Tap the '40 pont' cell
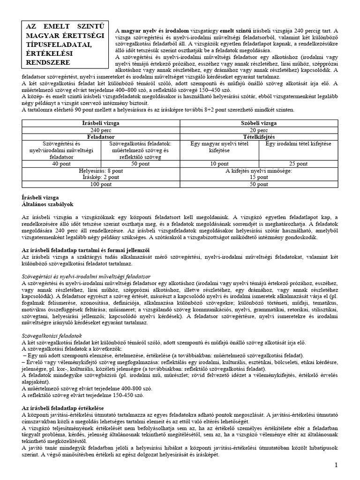(61, 164)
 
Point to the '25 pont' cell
(299, 164)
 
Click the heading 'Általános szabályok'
(48, 205)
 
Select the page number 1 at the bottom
(336, 465)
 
